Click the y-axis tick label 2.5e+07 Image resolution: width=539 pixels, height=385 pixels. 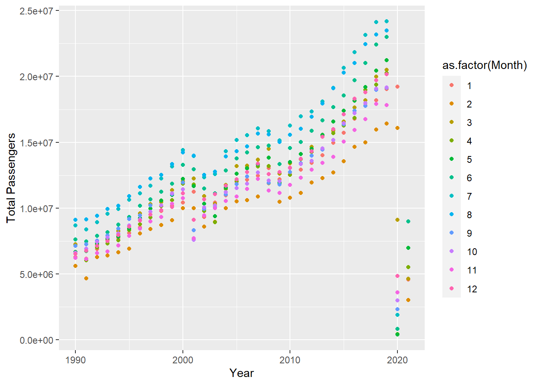tap(36, 11)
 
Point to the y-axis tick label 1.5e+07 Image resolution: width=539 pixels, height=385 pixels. tap(36, 143)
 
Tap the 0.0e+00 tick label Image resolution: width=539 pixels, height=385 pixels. tap(36, 340)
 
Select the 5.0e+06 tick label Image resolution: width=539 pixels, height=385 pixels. tap(36, 275)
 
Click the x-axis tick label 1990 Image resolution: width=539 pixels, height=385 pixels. tap(75, 360)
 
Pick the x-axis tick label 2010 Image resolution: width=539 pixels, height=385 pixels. tap(290, 360)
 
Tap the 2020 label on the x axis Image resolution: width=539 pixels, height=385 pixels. tap(397, 360)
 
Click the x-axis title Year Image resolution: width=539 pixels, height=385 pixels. tap(241, 373)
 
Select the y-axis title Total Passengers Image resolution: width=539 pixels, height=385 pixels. tap(11, 178)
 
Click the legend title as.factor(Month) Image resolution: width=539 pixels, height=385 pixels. tap(484, 65)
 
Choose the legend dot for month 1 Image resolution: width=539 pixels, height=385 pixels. tap(452, 85)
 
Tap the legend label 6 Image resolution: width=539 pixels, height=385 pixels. tap(469, 178)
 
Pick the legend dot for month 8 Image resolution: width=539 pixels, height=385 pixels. tap(452, 215)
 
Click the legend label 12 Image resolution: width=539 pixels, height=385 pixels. tap(472, 289)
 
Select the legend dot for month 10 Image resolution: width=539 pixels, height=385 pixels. tap(452, 252)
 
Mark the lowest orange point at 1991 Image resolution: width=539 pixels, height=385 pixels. tap(86, 278)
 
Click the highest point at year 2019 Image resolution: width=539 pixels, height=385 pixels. tap(387, 21)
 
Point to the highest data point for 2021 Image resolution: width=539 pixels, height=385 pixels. tap(408, 221)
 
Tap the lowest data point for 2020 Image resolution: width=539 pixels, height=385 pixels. tap(397, 334)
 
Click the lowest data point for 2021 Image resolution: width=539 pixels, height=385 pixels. tap(408, 300)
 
